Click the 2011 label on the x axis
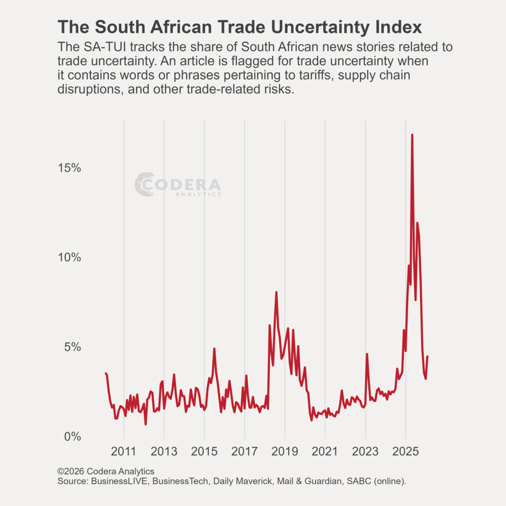coord(124,452)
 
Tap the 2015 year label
coord(204,452)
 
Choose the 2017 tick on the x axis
coord(245,452)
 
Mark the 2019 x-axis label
coord(285,452)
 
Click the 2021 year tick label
coord(325,452)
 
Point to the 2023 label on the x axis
coord(366,452)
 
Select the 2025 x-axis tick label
coord(406,452)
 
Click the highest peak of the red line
coord(412,135)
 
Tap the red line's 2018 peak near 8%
coord(276,293)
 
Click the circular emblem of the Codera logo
coord(145,184)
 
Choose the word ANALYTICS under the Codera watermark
coord(198,195)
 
